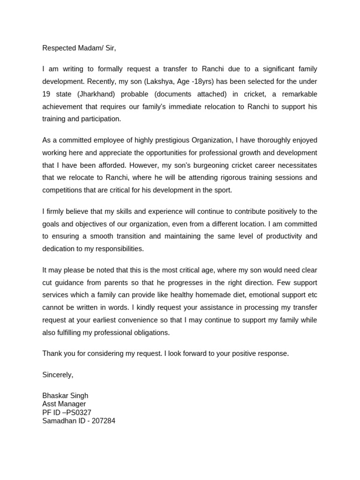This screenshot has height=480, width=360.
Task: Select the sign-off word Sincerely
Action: pyautogui.click(x=58, y=375)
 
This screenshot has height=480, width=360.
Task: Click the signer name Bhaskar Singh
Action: pyautogui.click(x=65, y=396)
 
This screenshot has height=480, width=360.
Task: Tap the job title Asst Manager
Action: pyautogui.click(x=64, y=404)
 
